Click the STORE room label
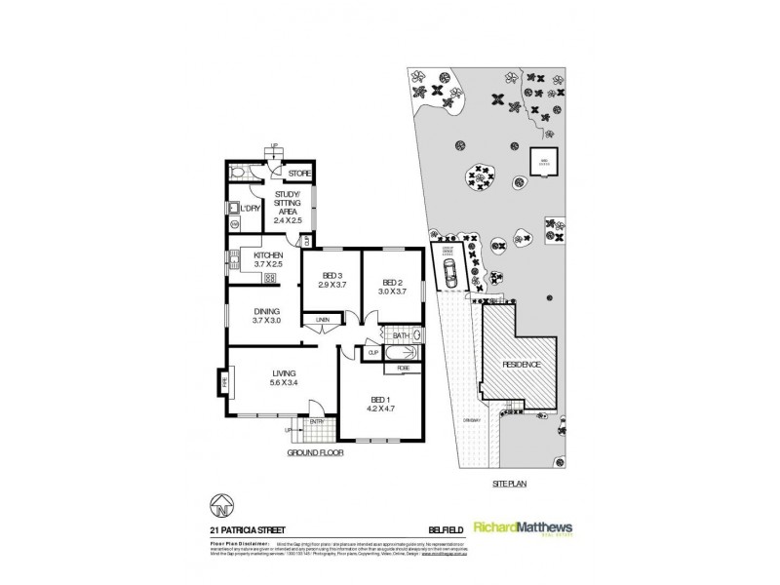coord(298,175)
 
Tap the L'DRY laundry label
coord(251,208)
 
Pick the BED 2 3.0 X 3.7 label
coord(393,287)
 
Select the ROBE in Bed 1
coord(402,369)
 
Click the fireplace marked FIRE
coord(223,382)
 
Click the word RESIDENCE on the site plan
coord(522,364)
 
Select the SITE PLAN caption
coord(504,482)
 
